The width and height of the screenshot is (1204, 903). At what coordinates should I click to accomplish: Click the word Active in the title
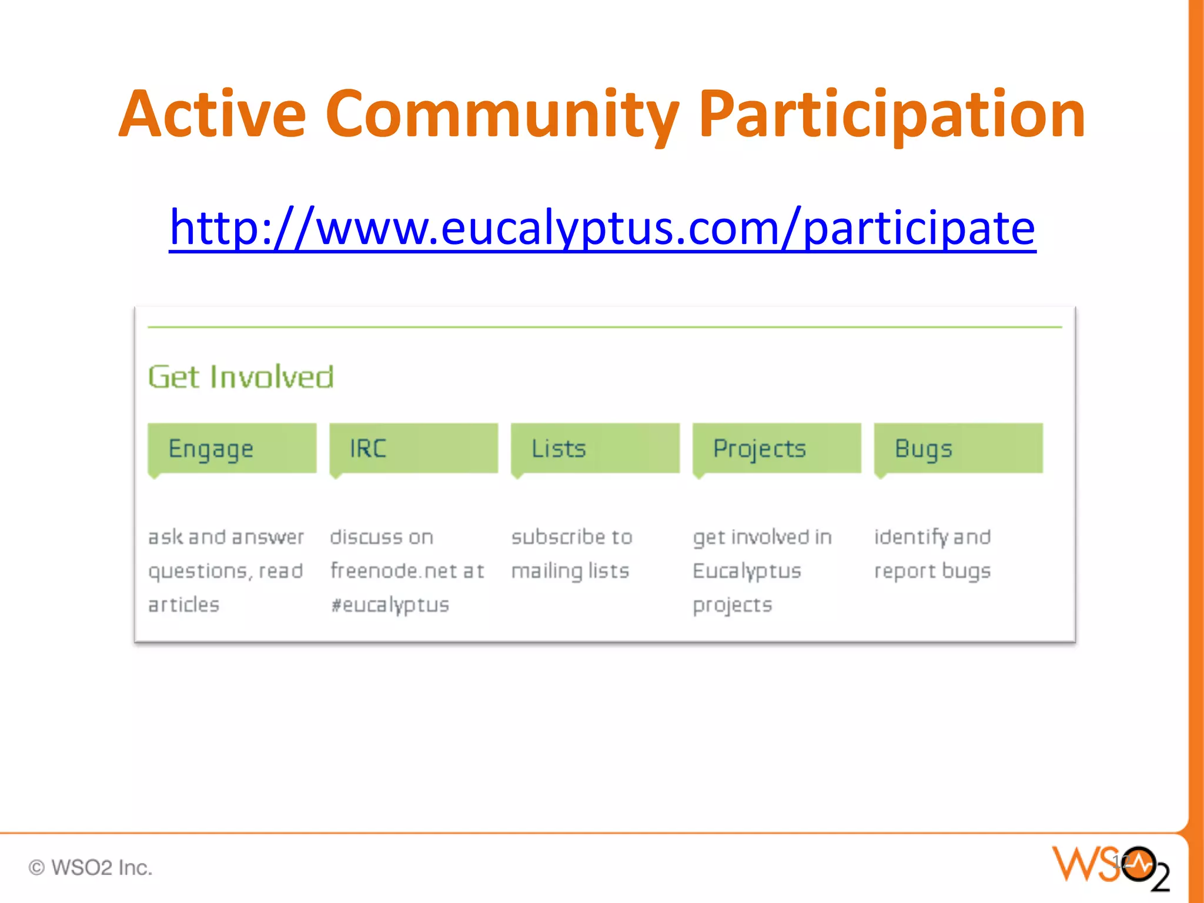tap(212, 115)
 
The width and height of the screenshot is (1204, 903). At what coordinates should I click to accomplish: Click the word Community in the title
tap(503, 115)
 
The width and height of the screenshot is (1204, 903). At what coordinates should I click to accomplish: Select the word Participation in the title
tap(892, 115)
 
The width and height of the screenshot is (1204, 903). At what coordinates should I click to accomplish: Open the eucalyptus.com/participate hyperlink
tap(602, 228)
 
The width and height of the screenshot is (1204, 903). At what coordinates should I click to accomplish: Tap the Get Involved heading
tap(240, 377)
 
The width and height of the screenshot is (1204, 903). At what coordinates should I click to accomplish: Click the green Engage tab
tap(232, 449)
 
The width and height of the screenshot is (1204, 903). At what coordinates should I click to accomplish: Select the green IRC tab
tap(413, 449)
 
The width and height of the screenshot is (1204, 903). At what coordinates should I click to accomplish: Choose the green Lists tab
tap(595, 449)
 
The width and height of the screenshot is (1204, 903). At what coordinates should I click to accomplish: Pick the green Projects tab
tap(777, 449)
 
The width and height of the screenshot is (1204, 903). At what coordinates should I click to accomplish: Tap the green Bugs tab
tap(958, 449)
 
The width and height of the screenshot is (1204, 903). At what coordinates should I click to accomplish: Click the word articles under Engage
tap(183, 605)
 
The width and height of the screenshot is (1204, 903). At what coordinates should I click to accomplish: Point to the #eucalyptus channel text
tap(390, 605)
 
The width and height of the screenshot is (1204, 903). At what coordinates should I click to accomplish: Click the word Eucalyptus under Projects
tap(747, 571)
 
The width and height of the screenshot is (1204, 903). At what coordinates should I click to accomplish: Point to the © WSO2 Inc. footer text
tap(91, 868)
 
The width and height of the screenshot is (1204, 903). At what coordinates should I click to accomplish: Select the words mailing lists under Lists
tap(570, 571)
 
